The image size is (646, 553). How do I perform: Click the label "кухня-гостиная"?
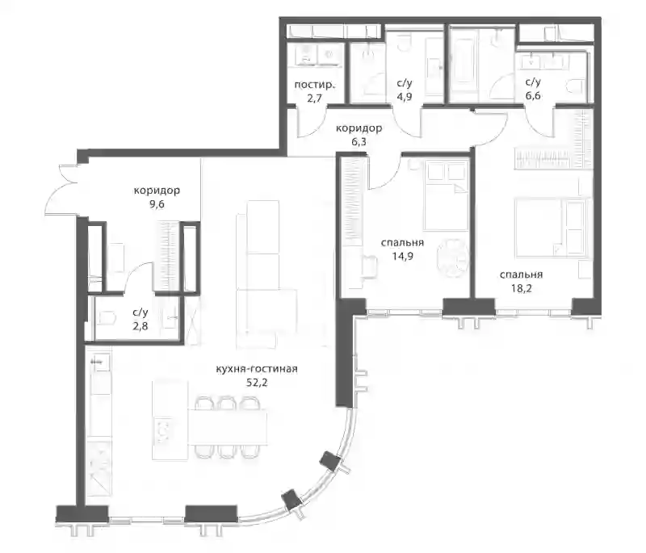click(x=257, y=369)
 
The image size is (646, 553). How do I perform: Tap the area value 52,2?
click(x=257, y=383)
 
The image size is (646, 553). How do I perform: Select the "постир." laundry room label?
click(x=314, y=86)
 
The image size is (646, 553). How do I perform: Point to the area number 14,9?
click(x=402, y=256)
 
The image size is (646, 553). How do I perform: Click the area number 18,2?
click(x=521, y=288)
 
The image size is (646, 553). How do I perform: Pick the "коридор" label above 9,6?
click(x=157, y=191)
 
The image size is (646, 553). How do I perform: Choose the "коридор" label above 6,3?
click(x=359, y=128)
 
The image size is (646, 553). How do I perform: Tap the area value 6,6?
click(x=533, y=96)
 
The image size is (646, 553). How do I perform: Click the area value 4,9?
click(x=405, y=97)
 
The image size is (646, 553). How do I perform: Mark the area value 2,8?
click(x=140, y=326)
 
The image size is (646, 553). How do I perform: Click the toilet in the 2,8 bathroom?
click(x=107, y=318)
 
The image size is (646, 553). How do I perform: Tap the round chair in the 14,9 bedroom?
click(x=453, y=258)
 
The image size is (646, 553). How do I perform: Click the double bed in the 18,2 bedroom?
click(x=550, y=228)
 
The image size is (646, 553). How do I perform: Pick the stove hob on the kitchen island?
click(x=163, y=430)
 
